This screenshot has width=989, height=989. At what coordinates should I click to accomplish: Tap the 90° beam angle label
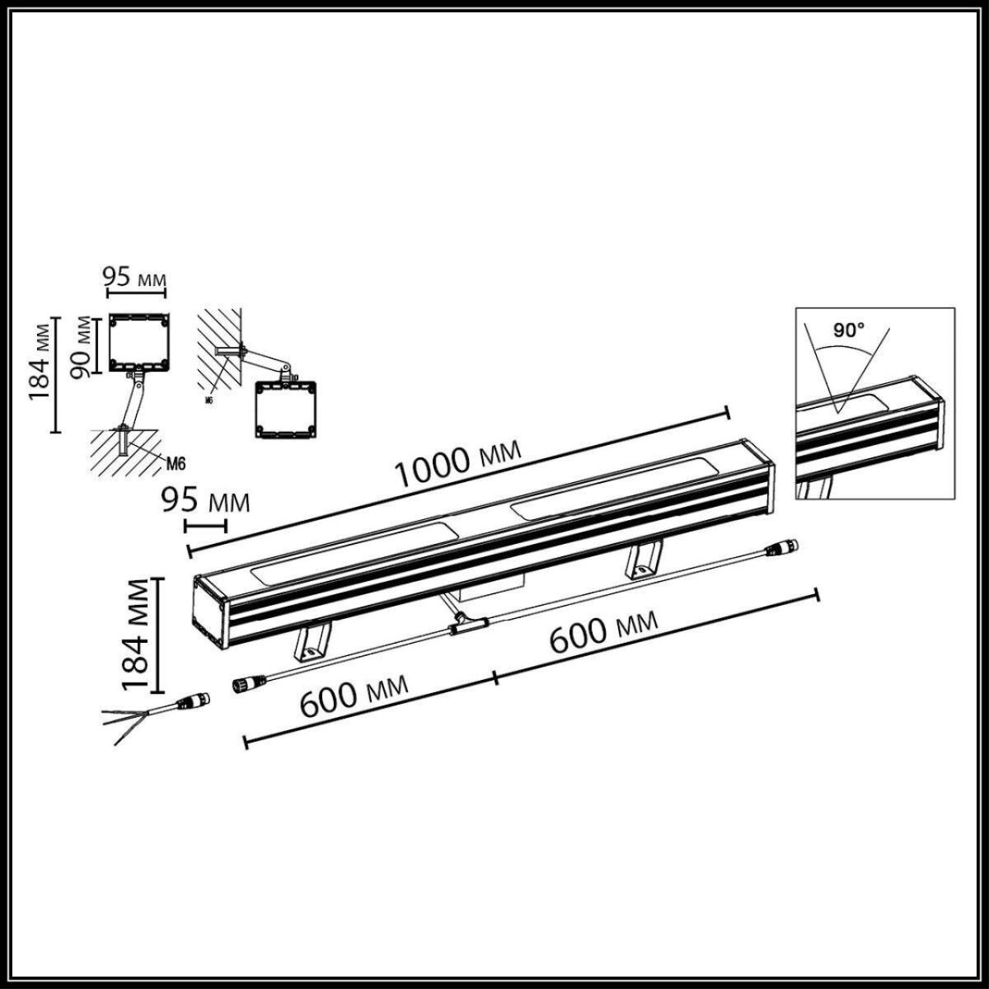pyautogui.click(x=848, y=330)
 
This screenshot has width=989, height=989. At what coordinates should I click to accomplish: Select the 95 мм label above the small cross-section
pyautogui.click(x=134, y=277)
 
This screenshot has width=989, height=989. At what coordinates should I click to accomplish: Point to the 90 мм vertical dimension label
pyautogui.click(x=82, y=346)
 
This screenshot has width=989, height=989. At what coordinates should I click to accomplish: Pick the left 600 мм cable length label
pyautogui.click(x=354, y=696)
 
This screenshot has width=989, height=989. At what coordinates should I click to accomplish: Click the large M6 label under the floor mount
pyautogui.click(x=173, y=462)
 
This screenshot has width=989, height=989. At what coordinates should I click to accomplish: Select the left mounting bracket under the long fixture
pyautogui.click(x=312, y=643)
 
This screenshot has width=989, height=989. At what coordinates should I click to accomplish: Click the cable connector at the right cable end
pyautogui.click(x=782, y=547)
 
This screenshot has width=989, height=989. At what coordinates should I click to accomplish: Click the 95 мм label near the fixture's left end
pyautogui.click(x=204, y=500)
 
